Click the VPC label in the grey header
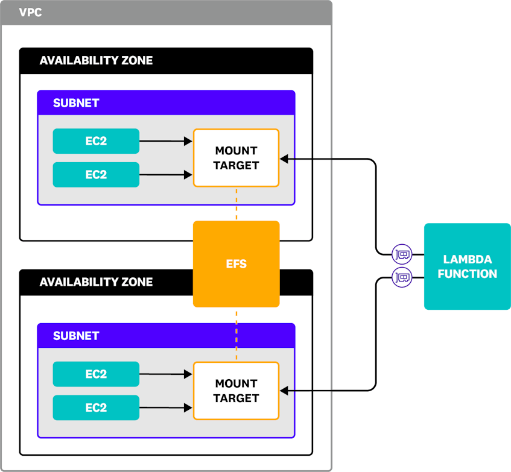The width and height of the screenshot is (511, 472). click(x=30, y=13)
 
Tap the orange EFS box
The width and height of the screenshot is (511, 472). click(x=236, y=264)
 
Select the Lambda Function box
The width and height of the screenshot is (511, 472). click(x=468, y=266)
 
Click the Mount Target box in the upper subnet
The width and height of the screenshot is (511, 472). click(x=236, y=158)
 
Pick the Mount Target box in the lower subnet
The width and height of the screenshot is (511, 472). click(x=236, y=391)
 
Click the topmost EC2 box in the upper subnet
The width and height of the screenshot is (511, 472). click(x=96, y=141)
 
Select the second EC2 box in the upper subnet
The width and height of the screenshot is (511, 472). click(x=96, y=174)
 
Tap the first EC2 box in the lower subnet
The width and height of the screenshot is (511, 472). click(x=96, y=374)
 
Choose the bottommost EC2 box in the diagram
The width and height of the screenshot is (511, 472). click(x=96, y=407)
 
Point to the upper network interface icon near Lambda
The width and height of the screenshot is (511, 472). click(x=402, y=254)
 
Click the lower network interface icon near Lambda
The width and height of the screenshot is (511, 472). click(x=402, y=277)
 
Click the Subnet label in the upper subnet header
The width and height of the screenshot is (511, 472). click(x=76, y=103)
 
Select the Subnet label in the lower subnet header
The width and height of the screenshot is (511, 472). click(x=76, y=336)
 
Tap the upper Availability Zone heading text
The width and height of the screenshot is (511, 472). click(x=96, y=60)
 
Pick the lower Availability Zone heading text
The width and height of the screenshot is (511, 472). click(x=96, y=282)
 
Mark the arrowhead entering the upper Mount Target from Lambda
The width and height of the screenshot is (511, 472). click(x=284, y=159)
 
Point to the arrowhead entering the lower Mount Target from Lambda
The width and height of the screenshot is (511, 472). click(x=284, y=391)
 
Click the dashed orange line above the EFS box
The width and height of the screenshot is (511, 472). click(x=236, y=204)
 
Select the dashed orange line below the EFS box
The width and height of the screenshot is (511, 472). click(x=236, y=335)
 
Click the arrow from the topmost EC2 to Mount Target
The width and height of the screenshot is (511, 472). click(x=166, y=141)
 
